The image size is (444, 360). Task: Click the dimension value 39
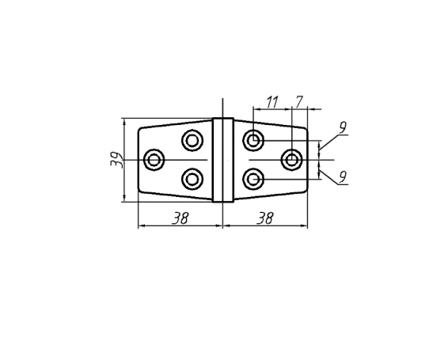point(116,160)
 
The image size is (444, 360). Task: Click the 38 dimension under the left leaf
point(180,218)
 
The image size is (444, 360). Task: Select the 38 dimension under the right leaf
point(265,218)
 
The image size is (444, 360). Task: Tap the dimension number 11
point(272,102)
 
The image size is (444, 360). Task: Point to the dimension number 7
point(299,102)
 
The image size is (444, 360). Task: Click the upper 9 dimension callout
point(343,127)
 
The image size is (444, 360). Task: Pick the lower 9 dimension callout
point(343,177)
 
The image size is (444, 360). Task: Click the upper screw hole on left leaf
point(192,140)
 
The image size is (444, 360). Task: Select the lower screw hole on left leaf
point(192,179)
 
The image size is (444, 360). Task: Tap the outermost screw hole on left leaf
point(154,160)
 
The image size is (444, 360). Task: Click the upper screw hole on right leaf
point(253,140)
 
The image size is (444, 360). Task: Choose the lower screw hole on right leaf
point(253,179)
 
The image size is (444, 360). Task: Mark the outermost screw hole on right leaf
point(291,160)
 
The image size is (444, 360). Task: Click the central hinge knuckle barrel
point(223,160)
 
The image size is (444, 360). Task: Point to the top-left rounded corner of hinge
point(140,129)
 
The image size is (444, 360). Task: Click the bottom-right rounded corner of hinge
point(305,191)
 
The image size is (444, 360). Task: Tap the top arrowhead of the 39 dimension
point(125,121)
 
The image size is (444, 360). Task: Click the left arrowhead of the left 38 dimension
point(142,225)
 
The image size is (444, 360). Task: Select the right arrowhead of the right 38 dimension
point(304,225)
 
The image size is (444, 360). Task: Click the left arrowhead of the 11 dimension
point(256,109)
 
